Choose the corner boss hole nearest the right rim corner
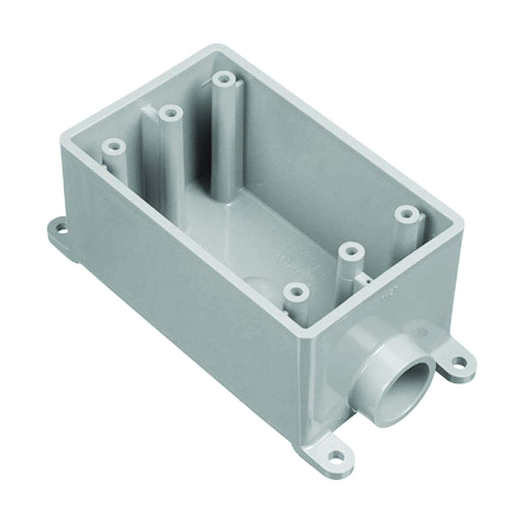coord(406,214)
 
